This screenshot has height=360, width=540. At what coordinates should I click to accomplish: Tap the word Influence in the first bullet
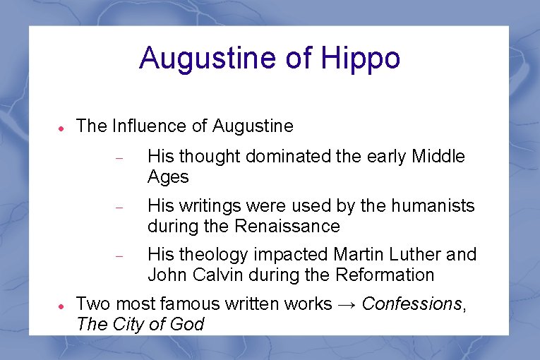click(x=148, y=126)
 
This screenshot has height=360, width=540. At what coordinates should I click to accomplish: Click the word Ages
click(x=168, y=177)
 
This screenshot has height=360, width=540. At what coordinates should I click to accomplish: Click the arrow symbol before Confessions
click(x=347, y=304)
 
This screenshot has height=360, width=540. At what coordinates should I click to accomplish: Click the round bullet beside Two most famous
click(x=61, y=307)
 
